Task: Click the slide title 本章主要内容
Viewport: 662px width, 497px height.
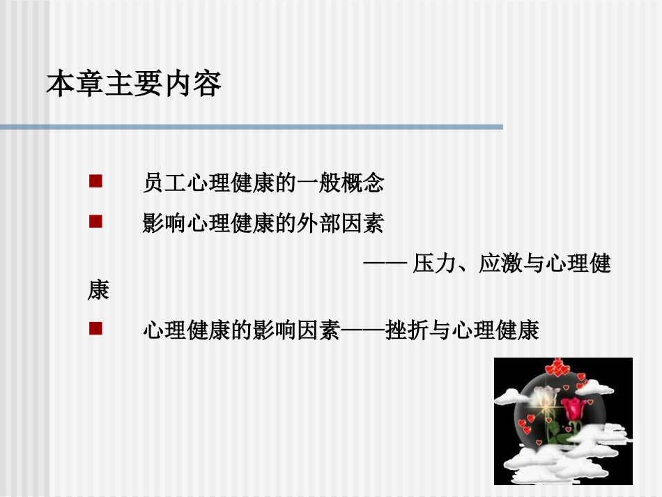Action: pyautogui.click(x=134, y=84)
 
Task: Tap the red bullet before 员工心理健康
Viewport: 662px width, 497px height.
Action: pyautogui.click(x=96, y=183)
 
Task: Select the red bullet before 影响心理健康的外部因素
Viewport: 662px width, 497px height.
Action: pyautogui.click(x=96, y=223)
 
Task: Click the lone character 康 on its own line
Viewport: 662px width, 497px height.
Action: pyautogui.click(x=98, y=290)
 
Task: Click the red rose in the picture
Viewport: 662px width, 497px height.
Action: pyautogui.click(x=574, y=409)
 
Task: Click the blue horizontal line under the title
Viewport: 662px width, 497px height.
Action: pyautogui.click(x=251, y=127)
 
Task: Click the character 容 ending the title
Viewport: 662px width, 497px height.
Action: pyautogui.click(x=208, y=84)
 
